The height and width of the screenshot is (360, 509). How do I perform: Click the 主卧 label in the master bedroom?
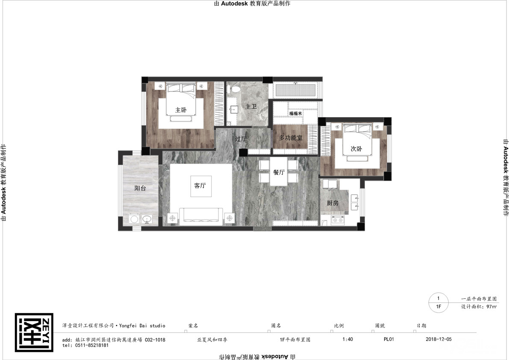[181, 110]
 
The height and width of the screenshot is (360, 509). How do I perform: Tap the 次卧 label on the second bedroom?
[356, 149]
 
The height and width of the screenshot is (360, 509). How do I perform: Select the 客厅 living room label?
[200, 186]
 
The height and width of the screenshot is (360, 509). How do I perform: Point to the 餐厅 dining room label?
[279, 172]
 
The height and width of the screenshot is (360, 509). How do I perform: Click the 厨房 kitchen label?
[332, 203]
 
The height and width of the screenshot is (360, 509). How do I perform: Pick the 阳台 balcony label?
[140, 188]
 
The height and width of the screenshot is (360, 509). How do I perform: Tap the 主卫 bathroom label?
[251, 106]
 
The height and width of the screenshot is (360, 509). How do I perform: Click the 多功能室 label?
[291, 138]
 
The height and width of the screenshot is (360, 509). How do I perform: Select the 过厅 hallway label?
[241, 139]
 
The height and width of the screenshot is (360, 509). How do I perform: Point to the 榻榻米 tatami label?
[296, 113]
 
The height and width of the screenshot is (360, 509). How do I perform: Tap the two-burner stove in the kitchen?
[338, 220]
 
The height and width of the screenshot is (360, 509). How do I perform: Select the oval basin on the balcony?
[147, 219]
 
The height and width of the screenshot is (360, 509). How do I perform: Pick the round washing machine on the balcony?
[134, 219]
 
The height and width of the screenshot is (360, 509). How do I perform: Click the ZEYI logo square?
[34, 332]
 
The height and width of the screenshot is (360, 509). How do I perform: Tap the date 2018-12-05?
[438, 339]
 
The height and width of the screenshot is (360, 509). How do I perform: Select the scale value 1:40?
[347, 339]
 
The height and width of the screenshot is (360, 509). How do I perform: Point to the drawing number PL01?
[388, 339]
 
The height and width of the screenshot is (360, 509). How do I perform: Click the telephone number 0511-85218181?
[92, 345]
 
